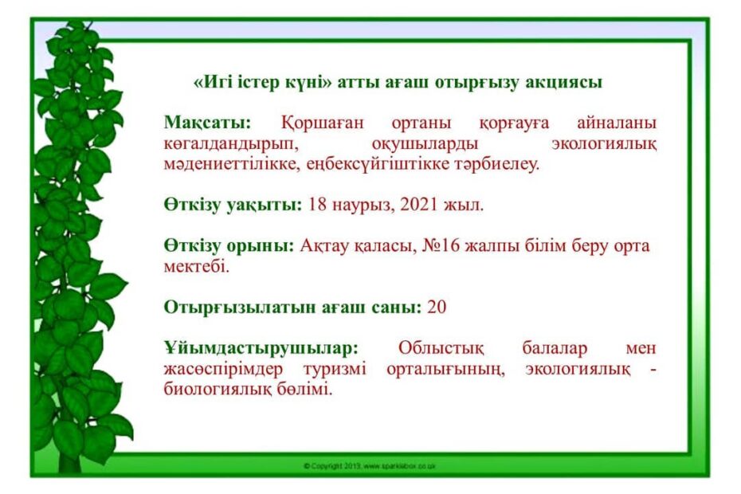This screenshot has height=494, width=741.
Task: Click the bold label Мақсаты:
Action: [x=207, y=123]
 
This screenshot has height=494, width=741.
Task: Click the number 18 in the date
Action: [x=318, y=205]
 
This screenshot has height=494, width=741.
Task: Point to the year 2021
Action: [x=418, y=205]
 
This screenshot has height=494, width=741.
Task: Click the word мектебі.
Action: [x=196, y=266]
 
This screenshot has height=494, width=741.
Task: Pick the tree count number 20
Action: [x=437, y=307]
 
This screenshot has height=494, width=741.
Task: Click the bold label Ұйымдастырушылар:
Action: [x=261, y=349]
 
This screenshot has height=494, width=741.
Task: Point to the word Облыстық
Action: [x=441, y=348]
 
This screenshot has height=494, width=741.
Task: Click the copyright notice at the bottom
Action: [x=370, y=466]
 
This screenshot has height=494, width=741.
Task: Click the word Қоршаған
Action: [x=323, y=123]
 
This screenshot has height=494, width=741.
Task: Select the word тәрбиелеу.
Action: [x=496, y=165]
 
